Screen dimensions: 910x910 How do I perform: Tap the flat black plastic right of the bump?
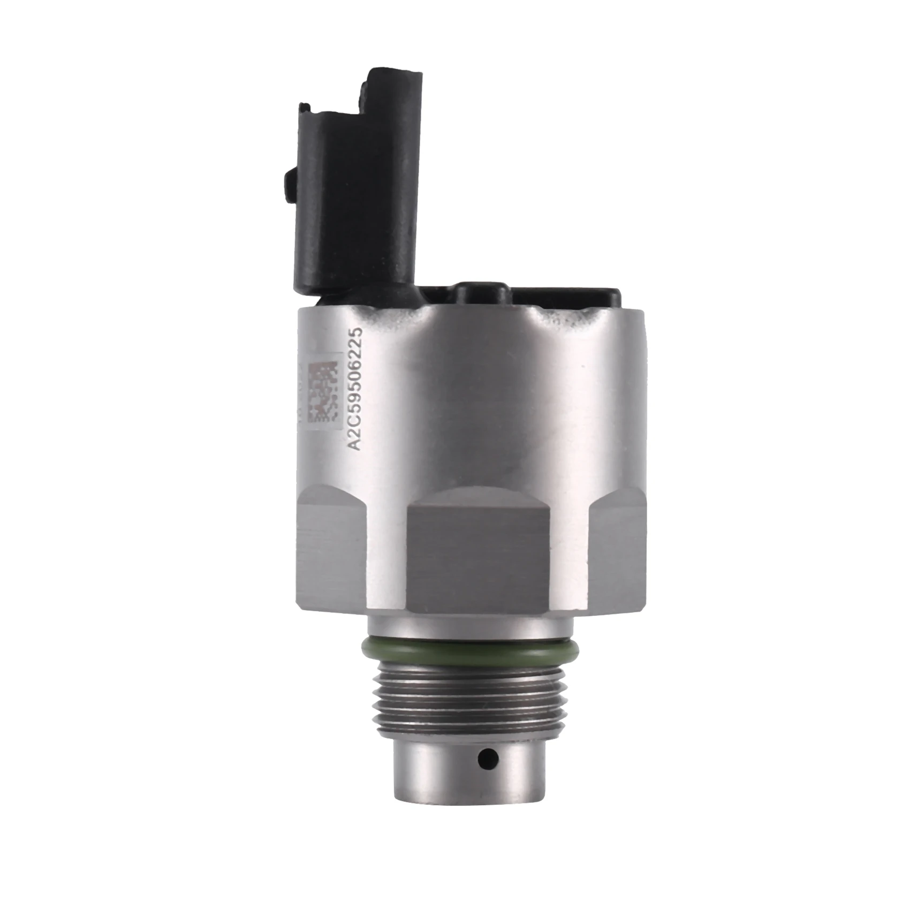(567, 297)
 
